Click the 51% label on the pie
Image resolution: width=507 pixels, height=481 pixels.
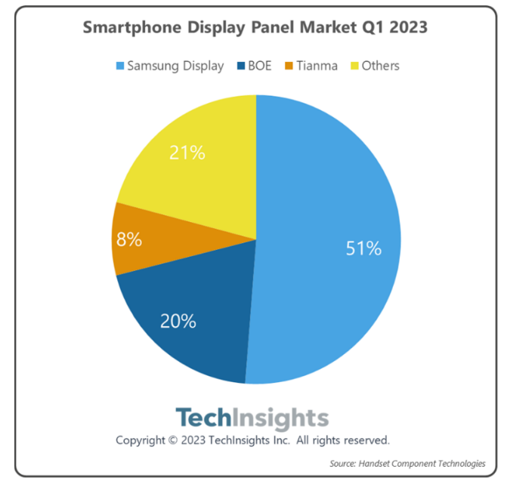[x=363, y=248]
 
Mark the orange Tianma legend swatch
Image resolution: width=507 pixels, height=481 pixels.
[x=287, y=66]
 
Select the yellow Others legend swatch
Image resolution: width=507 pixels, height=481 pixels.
[x=351, y=66]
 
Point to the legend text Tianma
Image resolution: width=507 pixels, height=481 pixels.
[x=317, y=66]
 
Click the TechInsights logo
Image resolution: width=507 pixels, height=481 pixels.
[x=252, y=418]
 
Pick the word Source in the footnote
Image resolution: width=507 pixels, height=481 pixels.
[x=344, y=463]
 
